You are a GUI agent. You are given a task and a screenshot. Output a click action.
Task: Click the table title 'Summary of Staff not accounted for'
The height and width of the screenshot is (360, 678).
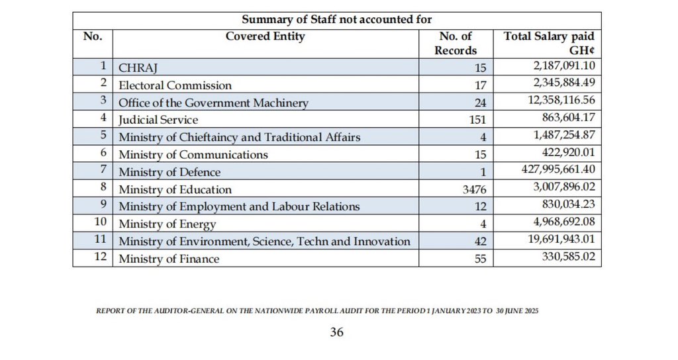click(336, 20)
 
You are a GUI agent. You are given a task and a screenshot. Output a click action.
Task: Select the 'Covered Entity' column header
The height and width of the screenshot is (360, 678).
click(265, 36)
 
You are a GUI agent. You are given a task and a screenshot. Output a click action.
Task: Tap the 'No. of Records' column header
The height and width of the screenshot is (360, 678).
click(456, 43)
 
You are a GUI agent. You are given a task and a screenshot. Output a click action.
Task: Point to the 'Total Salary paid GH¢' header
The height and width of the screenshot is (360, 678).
click(549, 43)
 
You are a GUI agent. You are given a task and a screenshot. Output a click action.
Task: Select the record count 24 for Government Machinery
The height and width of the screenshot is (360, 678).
click(480, 103)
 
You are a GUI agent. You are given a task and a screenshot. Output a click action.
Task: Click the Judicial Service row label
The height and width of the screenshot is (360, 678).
click(158, 120)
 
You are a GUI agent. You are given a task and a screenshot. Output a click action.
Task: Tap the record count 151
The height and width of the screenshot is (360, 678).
click(477, 120)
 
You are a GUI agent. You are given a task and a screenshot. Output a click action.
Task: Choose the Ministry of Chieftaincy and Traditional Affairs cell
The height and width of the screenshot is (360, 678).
click(239, 137)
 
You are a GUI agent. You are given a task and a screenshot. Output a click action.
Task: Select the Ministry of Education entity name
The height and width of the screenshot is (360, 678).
click(175, 190)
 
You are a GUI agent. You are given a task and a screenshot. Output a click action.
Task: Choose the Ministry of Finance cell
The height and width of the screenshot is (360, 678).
click(169, 259)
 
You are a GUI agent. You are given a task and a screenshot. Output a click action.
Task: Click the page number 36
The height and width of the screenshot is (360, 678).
click(336, 332)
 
